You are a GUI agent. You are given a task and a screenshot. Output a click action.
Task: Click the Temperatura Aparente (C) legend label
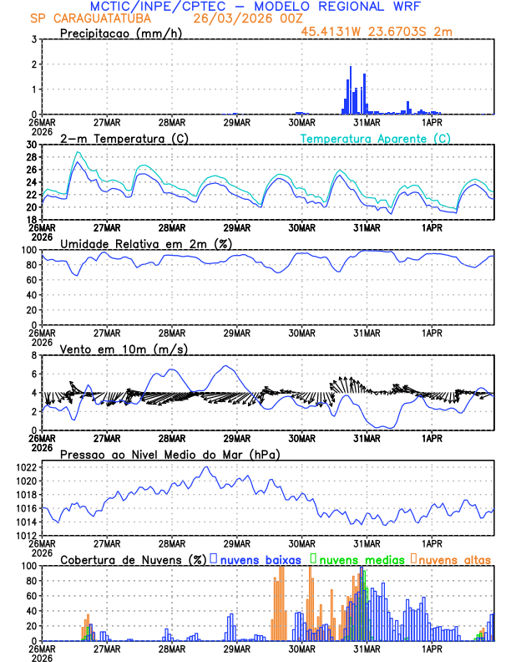tap(376, 138)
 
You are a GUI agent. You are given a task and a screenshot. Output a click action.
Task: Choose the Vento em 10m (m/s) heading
tap(112, 349)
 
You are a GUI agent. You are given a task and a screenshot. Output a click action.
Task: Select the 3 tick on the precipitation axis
tap(34, 39)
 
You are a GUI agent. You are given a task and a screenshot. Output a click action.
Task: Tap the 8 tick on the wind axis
tap(34, 355)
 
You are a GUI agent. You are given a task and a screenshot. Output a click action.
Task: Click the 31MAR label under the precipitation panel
tap(367, 122)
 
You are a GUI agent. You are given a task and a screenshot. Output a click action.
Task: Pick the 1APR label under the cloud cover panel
tap(432, 649)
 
